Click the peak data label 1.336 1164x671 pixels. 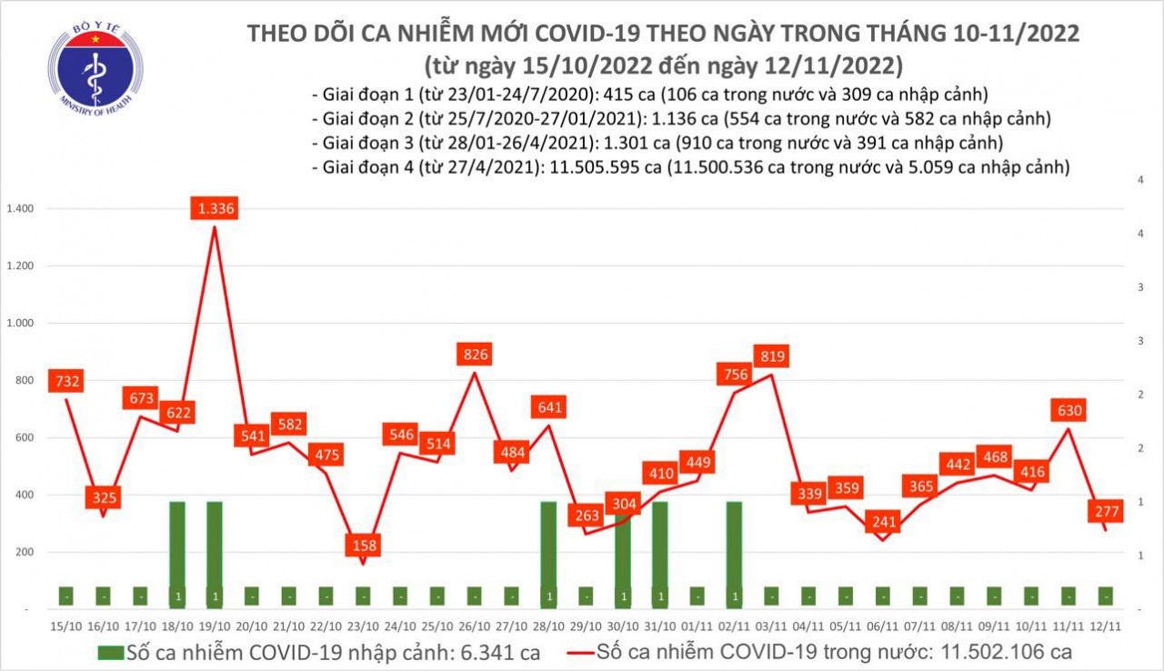coord(214,210)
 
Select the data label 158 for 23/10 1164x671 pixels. coord(363,546)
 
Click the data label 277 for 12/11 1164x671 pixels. coord(1105,512)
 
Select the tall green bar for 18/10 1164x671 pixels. coord(177,553)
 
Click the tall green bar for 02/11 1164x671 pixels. coord(735,553)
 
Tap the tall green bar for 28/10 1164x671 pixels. coord(548,553)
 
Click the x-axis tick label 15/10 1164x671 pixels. coord(65,626)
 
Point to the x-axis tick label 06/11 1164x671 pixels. coord(882,626)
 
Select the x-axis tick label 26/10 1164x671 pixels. coord(474,626)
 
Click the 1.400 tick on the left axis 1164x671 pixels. coord(19,209)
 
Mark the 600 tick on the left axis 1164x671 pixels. coord(25,437)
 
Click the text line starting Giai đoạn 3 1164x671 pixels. coord(657,143)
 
